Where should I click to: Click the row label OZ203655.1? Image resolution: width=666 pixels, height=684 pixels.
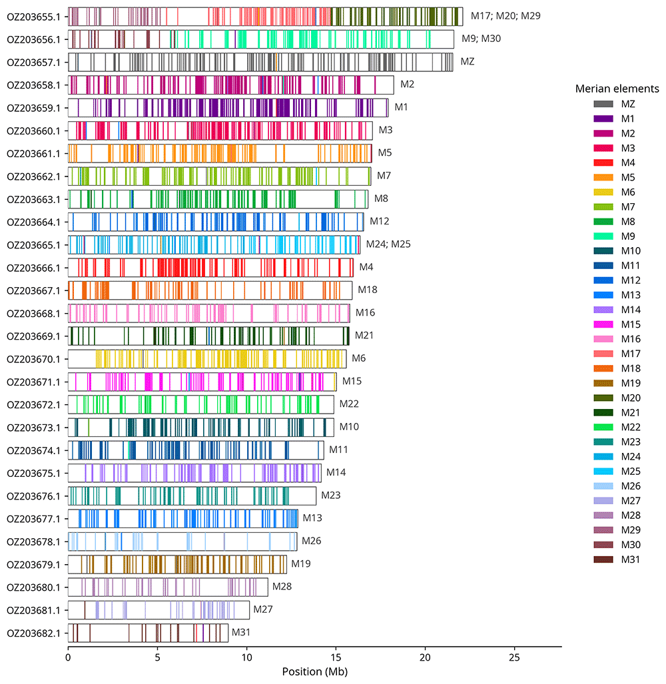coord(33,17)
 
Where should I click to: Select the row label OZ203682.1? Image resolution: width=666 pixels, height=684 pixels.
coord(33,633)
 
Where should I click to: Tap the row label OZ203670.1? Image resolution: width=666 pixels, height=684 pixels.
coord(33,359)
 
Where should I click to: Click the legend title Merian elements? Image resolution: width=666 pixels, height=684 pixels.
coord(617,89)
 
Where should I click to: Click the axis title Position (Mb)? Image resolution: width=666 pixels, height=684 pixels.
coord(314,671)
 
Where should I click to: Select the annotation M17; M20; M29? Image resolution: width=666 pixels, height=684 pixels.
coord(505,15)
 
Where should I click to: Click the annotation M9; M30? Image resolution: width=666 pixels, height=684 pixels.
coord(481,39)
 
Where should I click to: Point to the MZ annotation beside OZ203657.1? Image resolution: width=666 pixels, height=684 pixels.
coord(468,61)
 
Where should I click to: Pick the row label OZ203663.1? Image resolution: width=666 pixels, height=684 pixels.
coord(33,199)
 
